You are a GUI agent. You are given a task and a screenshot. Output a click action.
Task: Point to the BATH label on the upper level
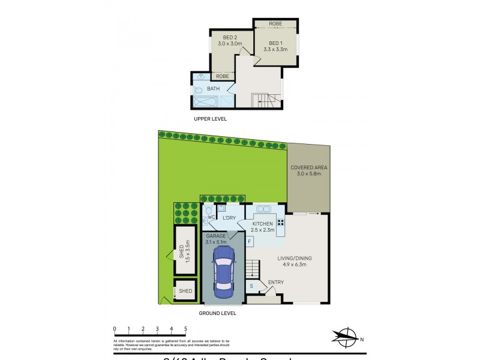[x=213, y=89]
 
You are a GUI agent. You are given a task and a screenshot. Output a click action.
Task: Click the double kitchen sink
[x=264, y=209]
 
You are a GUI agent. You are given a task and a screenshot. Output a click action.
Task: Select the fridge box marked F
[x=250, y=241]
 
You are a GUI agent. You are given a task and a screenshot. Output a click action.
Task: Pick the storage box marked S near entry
[x=251, y=287]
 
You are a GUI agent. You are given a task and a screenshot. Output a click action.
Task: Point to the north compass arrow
[x=346, y=336]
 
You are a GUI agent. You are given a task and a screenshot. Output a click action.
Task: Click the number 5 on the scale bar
[x=186, y=328]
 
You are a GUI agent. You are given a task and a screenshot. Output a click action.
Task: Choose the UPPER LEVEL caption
[x=210, y=119]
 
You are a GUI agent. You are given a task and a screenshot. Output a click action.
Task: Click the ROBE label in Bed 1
[x=275, y=24]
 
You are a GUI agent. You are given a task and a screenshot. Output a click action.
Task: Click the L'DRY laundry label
[x=229, y=218]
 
